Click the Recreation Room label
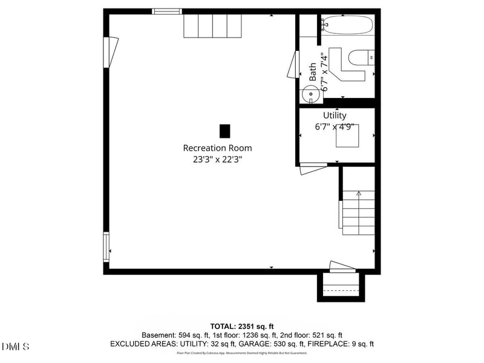pos(217,148)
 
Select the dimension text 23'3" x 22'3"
pos(217,160)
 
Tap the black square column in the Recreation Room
pos(224,131)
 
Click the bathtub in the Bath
pos(347,25)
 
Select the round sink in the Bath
pos(309,94)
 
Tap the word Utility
pos(335,116)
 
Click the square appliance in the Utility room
pos(347,136)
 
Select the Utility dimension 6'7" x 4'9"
pos(335,127)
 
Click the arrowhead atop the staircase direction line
pos(358,194)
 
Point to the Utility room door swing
pos(313,168)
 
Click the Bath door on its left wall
pos(297,64)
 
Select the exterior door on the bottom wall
pos(341,267)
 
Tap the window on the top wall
pos(166,11)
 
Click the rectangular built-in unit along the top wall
pos(213,26)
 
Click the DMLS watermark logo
pos(16,346)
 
